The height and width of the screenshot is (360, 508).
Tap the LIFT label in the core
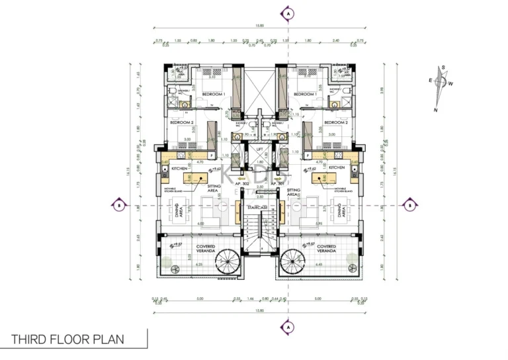click(x=260, y=150)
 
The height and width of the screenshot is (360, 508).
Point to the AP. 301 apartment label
click(x=286, y=183)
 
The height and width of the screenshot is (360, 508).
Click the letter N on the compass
click(x=436, y=109)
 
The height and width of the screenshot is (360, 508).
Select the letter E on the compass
click(x=430, y=80)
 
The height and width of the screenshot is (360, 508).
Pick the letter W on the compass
click(x=450, y=83)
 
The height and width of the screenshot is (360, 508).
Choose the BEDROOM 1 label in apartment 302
click(x=214, y=95)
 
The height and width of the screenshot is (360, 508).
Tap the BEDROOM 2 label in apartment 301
click(x=336, y=122)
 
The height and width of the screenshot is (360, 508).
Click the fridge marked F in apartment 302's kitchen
click(x=211, y=155)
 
